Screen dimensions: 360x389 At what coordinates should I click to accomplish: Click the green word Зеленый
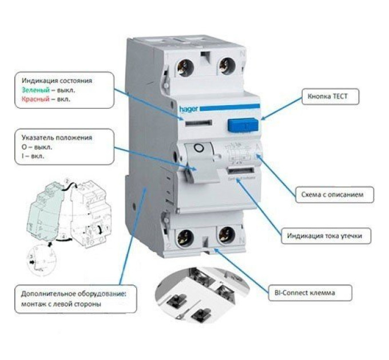pos(32,90)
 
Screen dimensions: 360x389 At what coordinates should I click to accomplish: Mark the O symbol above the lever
pos(198,148)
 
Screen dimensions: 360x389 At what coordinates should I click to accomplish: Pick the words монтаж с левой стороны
pos(62,305)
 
